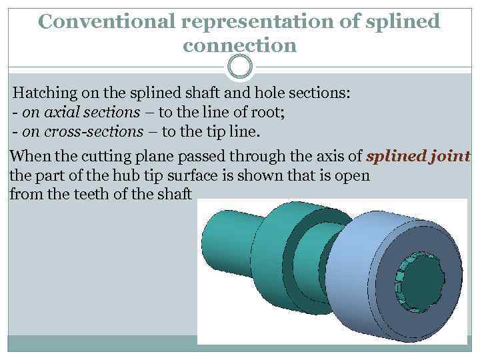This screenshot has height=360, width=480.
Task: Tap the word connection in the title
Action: (239, 45)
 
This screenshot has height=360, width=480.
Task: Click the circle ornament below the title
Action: (240, 67)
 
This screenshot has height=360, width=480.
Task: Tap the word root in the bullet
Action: (267, 111)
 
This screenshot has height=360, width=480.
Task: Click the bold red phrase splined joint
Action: (419, 157)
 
